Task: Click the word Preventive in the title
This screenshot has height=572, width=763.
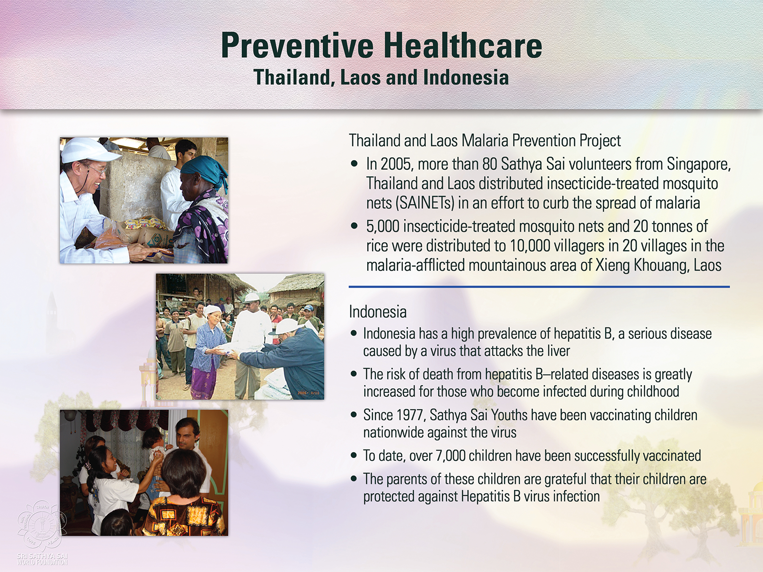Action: point(297,46)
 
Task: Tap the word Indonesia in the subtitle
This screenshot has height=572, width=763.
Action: point(466,77)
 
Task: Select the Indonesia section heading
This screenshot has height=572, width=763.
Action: point(378,312)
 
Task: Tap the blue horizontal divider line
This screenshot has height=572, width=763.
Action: point(539,287)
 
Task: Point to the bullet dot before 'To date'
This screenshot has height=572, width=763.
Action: point(354,455)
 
